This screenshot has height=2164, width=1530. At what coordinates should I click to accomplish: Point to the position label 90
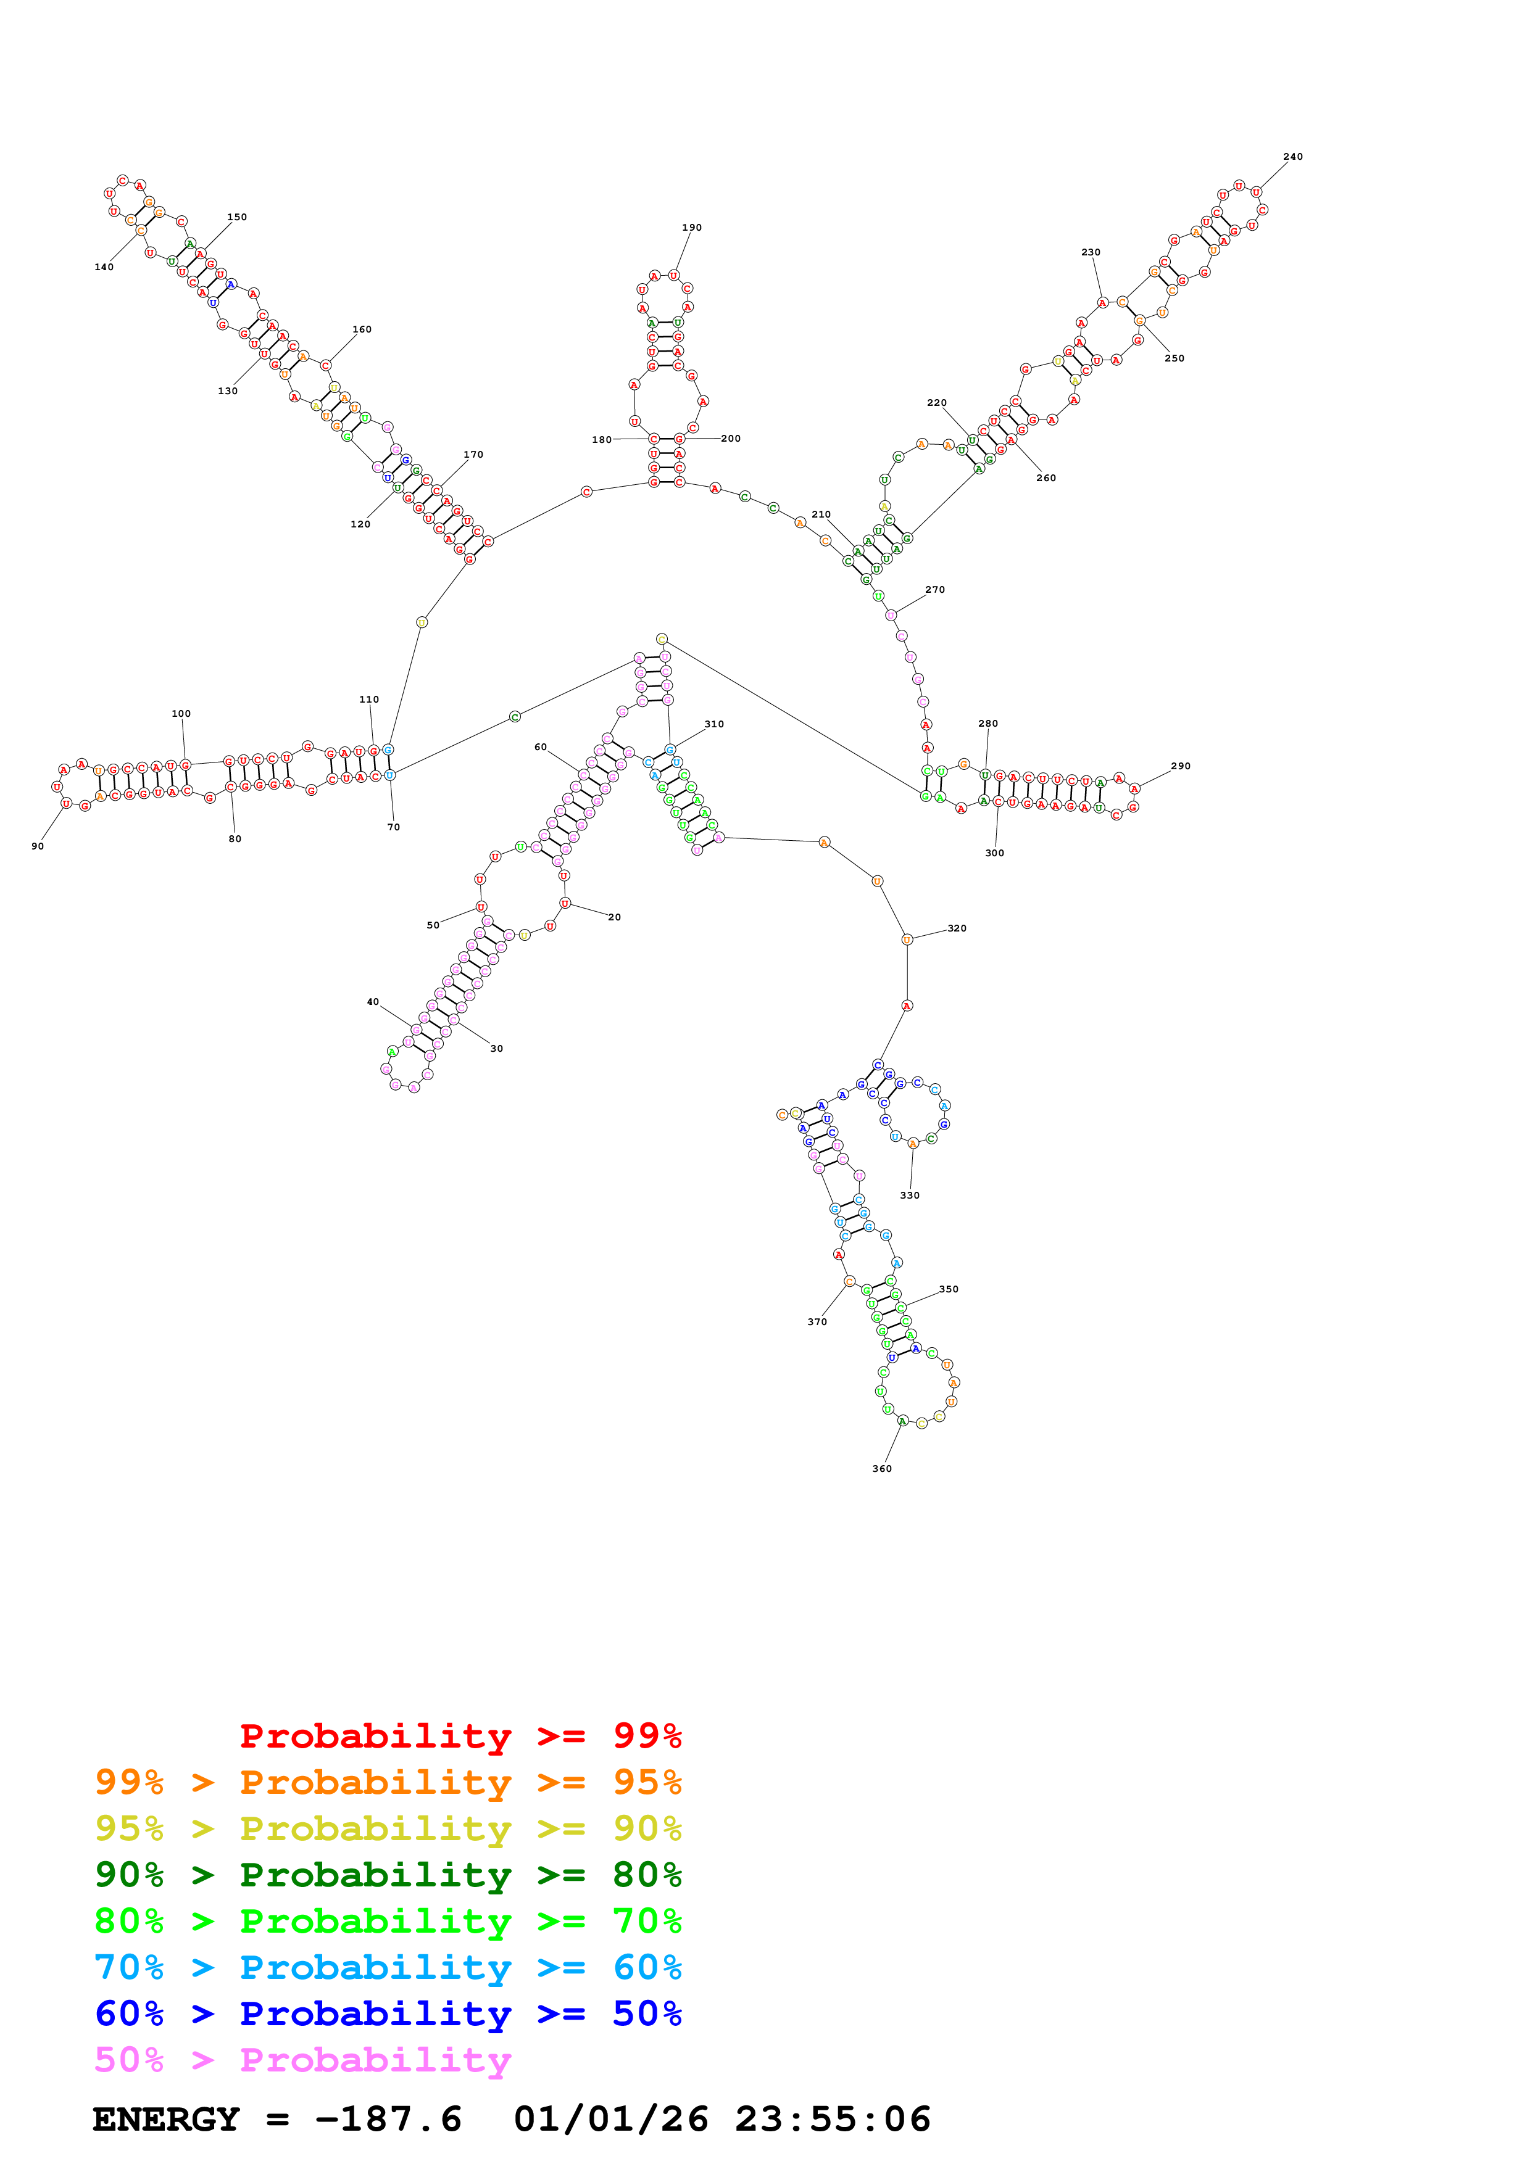click(38, 846)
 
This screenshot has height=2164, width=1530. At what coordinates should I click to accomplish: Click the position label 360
click(881, 1468)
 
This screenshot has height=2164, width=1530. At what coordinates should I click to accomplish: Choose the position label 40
click(373, 1002)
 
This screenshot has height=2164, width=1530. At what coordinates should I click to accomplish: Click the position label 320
click(957, 928)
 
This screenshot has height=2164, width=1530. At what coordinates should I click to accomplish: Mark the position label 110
click(368, 700)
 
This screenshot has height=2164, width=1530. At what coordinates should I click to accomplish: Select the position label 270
click(934, 590)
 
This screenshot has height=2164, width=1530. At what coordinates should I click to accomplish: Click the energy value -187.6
click(388, 2119)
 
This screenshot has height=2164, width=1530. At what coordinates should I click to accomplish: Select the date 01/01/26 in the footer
click(611, 2119)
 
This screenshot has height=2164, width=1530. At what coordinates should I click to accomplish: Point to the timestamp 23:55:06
click(833, 2119)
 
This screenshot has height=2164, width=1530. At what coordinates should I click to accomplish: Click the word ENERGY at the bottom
click(166, 2119)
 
